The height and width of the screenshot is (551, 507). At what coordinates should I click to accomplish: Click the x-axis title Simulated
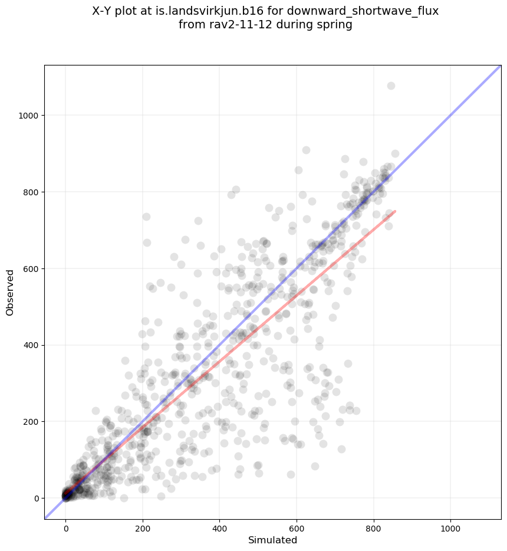(272, 540)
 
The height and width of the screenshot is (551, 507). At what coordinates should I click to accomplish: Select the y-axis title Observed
(10, 292)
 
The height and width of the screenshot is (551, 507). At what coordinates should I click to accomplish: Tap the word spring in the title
(335, 25)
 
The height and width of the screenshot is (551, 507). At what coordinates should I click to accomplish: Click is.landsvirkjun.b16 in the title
(217, 11)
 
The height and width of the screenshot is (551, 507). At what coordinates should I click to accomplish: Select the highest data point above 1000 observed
(391, 86)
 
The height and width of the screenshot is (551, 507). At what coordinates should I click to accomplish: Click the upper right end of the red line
(395, 211)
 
